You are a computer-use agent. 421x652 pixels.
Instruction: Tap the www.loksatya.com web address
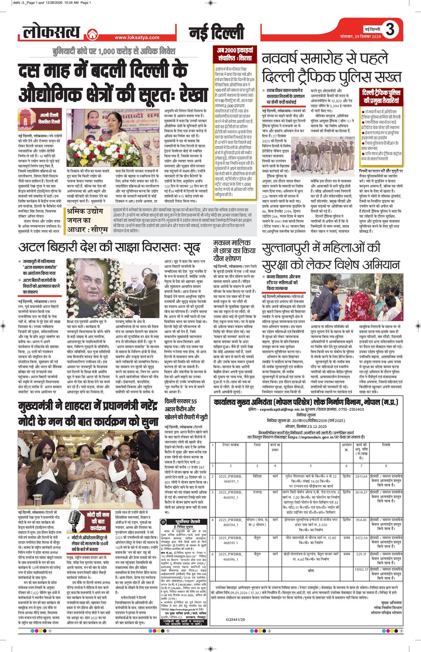coord(137,38)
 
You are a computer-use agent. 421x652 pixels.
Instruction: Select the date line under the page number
coord(361,37)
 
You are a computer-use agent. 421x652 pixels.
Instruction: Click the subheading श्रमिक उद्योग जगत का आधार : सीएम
coord(87,220)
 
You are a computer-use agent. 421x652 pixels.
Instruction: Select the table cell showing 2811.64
coord(361,476)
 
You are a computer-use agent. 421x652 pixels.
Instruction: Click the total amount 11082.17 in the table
coord(361,569)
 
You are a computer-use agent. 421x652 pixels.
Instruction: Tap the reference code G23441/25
coord(236,619)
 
